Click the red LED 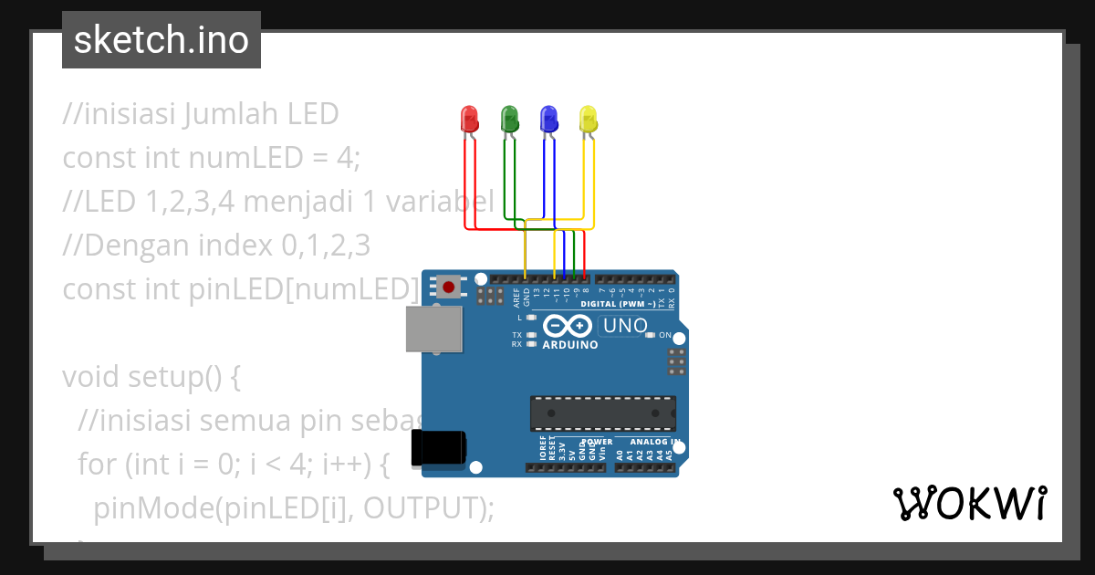pos(469,118)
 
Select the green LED pos(509,118)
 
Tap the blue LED pos(548,118)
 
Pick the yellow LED pos(589,118)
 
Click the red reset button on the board pos(448,287)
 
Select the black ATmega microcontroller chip pos(603,413)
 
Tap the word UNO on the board pos(626,326)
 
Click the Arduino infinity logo pos(569,326)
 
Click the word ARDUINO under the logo pos(570,345)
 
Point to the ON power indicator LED pos(650,335)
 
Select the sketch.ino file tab pos(162,40)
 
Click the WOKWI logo pos(969,503)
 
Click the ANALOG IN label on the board pos(654,442)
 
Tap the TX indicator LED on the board pos(531,335)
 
